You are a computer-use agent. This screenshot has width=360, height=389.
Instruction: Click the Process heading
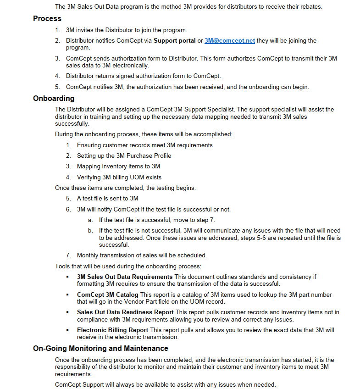(x=47, y=19)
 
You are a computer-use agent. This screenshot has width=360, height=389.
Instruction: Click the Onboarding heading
(x=53, y=98)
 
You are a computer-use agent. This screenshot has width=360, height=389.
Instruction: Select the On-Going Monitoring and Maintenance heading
(x=100, y=348)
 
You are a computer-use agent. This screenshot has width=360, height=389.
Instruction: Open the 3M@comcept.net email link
(x=229, y=40)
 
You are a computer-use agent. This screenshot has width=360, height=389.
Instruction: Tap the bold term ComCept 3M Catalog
(x=107, y=295)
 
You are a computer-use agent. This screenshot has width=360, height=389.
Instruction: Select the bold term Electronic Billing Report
(x=112, y=330)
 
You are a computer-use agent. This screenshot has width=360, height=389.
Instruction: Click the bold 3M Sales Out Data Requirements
(x=125, y=277)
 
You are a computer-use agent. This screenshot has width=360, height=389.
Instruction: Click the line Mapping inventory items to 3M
(x=118, y=167)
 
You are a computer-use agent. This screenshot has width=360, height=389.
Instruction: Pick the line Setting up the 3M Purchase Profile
(x=124, y=156)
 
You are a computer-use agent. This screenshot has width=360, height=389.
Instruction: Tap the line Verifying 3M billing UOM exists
(x=119, y=177)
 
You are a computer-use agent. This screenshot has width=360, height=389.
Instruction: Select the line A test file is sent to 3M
(x=107, y=198)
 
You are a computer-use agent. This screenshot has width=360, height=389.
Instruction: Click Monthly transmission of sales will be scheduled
(x=142, y=255)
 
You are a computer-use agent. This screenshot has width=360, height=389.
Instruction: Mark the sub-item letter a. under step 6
(x=90, y=220)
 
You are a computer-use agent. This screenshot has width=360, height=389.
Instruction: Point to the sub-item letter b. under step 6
(x=90, y=230)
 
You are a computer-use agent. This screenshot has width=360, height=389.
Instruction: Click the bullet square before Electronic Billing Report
(x=67, y=330)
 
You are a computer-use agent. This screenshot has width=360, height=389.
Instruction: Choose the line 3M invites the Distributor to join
(x=127, y=30)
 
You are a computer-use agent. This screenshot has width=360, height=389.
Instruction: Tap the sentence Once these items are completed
(x=125, y=188)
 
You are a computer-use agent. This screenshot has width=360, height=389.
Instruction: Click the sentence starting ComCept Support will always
(x=165, y=384)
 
